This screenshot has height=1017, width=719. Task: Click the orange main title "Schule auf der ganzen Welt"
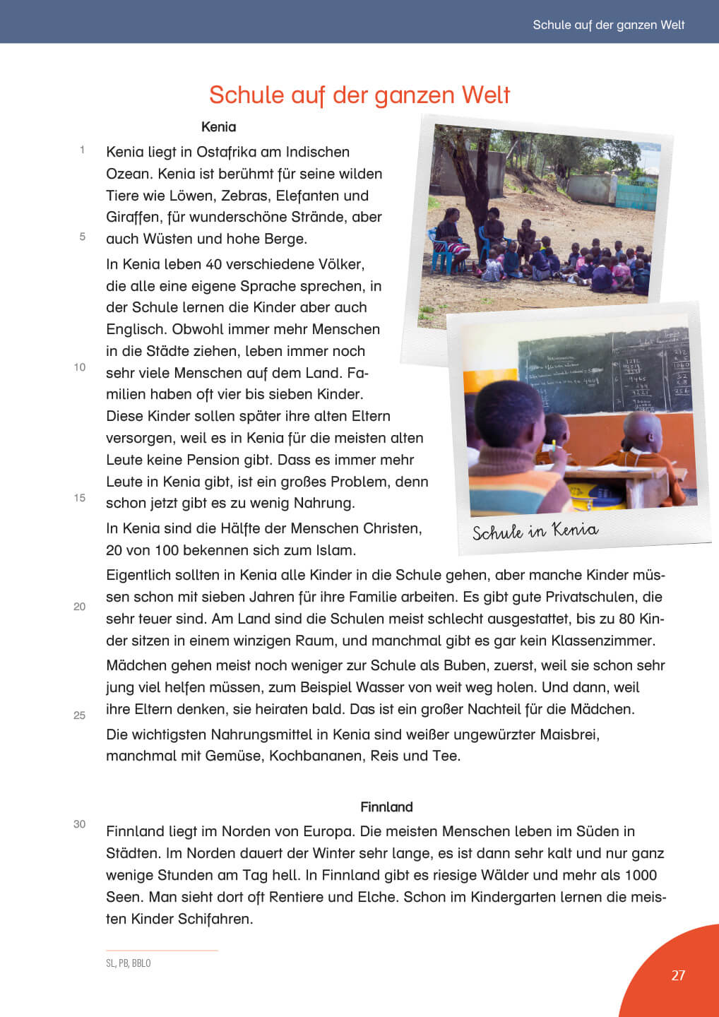[x=359, y=95]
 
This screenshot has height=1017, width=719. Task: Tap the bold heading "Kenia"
[x=218, y=127]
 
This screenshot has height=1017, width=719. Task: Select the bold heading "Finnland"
[x=386, y=807]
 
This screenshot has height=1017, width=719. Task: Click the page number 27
[x=678, y=975]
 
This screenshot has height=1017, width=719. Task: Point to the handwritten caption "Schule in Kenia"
[x=535, y=531]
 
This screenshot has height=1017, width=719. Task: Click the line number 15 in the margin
[x=80, y=498]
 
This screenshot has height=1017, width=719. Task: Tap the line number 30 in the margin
[x=79, y=824]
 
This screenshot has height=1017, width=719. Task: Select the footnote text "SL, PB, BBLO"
[x=128, y=963]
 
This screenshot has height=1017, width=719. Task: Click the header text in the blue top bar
[x=608, y=25]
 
